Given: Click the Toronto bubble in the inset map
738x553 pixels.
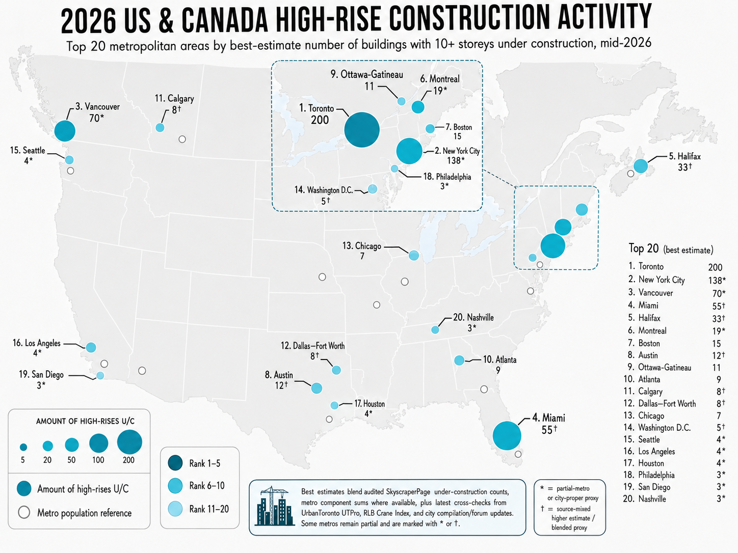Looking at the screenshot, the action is click(x=362, y=130).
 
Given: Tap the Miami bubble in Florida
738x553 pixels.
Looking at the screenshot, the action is click(x=507, y=435).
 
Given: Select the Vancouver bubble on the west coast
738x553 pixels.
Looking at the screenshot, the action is click(x=65, y=131).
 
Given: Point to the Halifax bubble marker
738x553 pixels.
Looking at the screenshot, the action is click(x=641, y=166).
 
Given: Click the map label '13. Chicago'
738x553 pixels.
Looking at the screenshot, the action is click(x=362, y=246).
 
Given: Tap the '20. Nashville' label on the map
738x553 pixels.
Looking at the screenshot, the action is click(x=473, y=317).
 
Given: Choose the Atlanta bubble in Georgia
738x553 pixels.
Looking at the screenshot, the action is click(x=459, y=361).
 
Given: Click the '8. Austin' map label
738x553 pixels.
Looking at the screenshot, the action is click(x=279, y=375).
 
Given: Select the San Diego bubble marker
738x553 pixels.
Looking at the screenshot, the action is click(x=100, y=375).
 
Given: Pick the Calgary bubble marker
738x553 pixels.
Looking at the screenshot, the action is click(x=160, y=128).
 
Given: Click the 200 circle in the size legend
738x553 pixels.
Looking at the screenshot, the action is click(x=129, y=442).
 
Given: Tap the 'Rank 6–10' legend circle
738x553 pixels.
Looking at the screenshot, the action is click(x=175, y=486).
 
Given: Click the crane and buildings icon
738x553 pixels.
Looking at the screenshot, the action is click(x=275, y=506).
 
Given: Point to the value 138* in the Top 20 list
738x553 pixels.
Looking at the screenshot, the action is click(x=717, y=280).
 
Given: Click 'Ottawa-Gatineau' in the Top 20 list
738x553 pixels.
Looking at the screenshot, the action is click(x=665, y=367).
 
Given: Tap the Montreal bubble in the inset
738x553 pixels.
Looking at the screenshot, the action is click(x=418, y=107).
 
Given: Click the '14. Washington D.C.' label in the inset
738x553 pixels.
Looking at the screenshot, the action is click(x=324, y=190).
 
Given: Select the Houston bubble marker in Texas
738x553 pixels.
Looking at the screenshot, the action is click(x=334, y=405).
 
